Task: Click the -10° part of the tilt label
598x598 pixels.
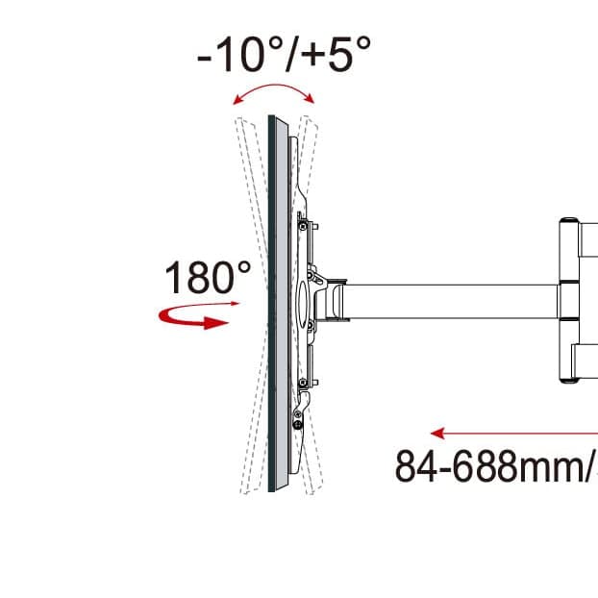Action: [x=240, y=54]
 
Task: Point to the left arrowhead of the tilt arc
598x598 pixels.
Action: [x=238, y=100]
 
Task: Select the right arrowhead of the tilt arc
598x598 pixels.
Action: [x=310, y=98]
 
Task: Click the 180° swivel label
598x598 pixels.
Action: [x=208, y=277]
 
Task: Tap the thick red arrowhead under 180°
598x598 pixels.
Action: [x=216, y=323]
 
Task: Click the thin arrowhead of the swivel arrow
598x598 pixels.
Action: [x=235, y=304]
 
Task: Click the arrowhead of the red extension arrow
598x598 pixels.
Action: [x=437, y=434]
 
